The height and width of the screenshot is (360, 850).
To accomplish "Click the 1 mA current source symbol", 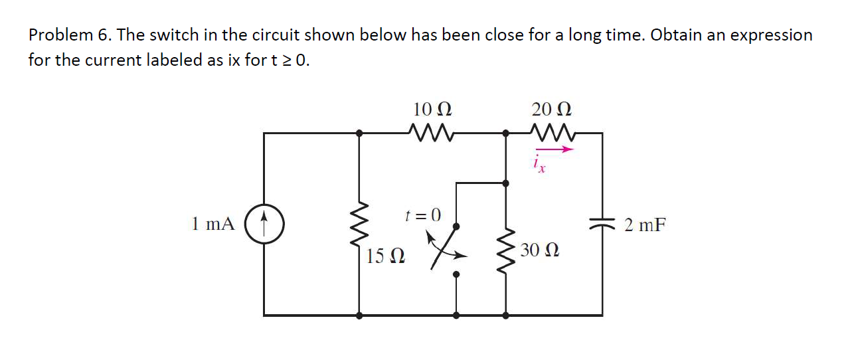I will pyautogui.click(x=264, y=224).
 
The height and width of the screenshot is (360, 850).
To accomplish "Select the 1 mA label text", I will pyautogui.click(x=212, y=224).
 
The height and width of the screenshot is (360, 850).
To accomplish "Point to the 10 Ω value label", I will pyautogui.click(x=432, y=108).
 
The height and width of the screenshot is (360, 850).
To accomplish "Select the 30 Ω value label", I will pyautogui.click(x=539, y=250).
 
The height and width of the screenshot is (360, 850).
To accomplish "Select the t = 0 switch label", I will pyautogui.click(x=422, y=214).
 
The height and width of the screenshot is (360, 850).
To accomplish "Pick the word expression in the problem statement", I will pyautogui.click(x=772, y=35).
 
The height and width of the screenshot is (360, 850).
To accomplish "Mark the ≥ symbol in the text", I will pyautogui.click(x=287, y=60).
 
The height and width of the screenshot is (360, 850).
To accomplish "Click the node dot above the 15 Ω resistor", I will pyautogui.click(x=360, y=133).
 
